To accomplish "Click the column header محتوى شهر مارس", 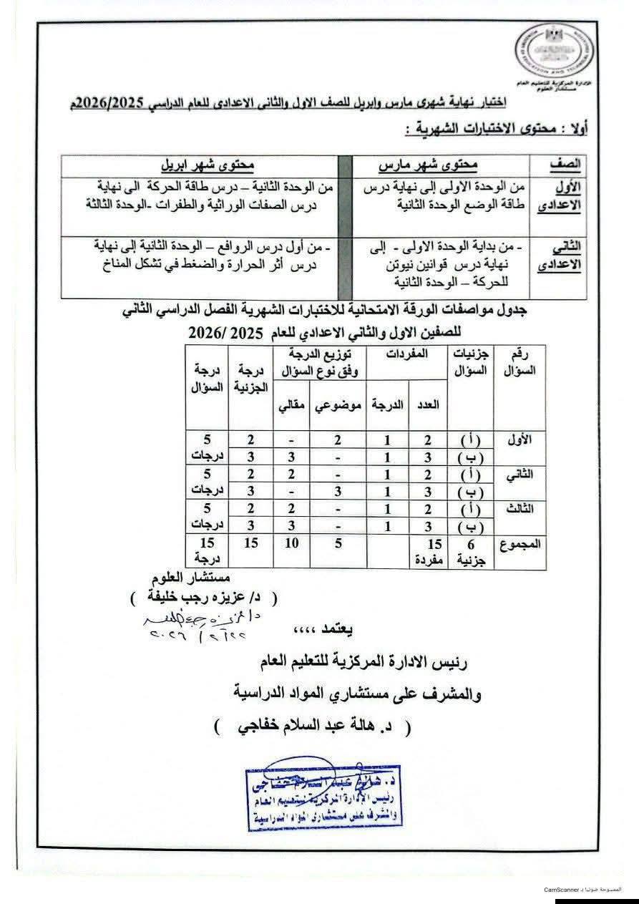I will click(x=427, y=163).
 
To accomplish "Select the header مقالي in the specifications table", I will click(x=289, y=405).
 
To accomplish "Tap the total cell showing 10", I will click(x=291, y=545).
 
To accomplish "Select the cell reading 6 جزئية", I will click(x=469, y=551).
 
